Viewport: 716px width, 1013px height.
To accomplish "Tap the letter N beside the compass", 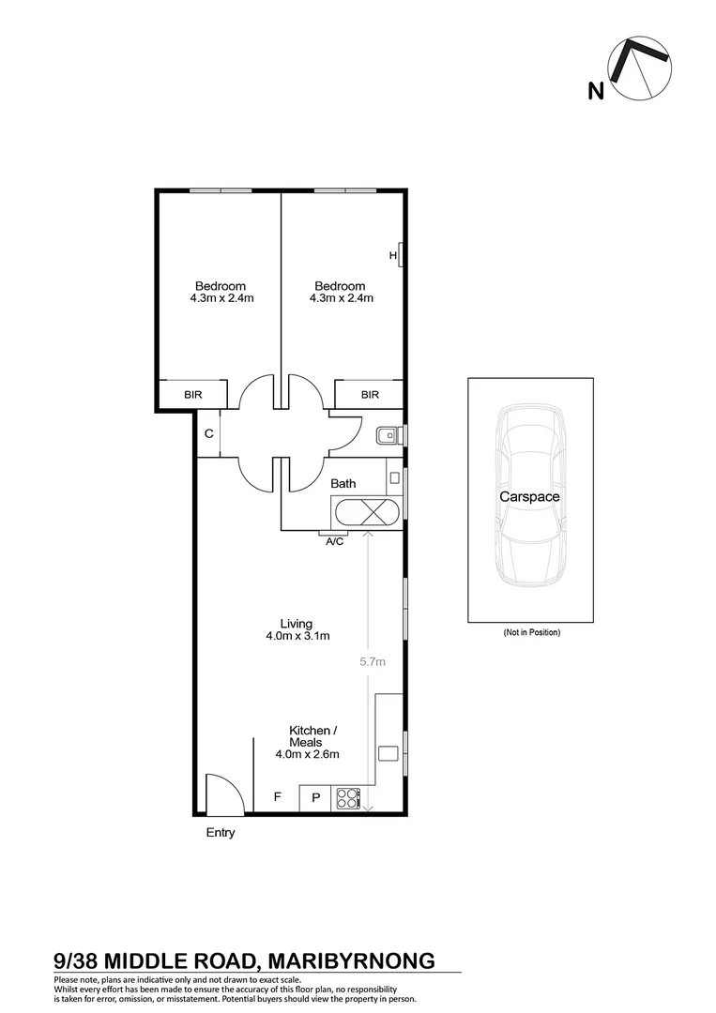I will (594, 91).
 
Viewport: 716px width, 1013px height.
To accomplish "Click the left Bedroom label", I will (221, 286).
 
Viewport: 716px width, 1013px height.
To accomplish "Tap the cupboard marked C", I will (208, 434).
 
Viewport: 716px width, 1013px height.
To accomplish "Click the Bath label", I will (343, 484).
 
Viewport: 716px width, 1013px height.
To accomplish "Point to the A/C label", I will (334, 542).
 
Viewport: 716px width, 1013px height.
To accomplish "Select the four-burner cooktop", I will (348, 799).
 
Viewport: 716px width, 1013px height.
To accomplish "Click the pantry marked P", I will (315, 799).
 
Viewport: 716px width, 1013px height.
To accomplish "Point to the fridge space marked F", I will (277, 798).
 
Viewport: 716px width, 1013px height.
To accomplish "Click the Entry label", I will (221, 832).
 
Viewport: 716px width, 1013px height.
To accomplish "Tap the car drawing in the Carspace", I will (530, 497).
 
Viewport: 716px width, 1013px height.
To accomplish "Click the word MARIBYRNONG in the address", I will (352, 960).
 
